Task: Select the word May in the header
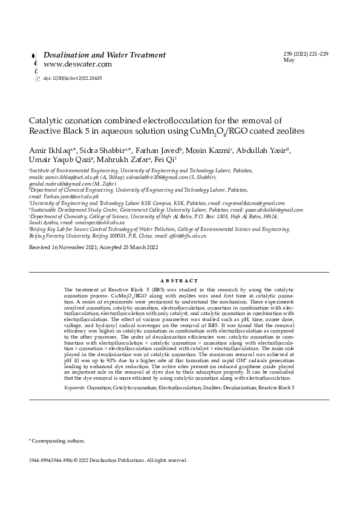point(289,60)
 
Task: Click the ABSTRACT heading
point(180,281)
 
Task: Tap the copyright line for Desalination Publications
point(108,460)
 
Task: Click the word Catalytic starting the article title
point(46,120)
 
